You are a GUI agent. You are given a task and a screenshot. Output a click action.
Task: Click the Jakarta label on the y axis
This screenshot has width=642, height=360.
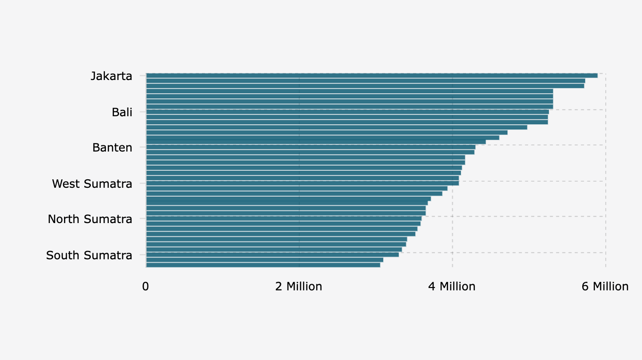112,76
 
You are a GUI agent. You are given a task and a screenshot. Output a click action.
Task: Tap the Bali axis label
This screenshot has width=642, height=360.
122,112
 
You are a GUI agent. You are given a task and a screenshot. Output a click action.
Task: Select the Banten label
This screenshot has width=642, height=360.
112,148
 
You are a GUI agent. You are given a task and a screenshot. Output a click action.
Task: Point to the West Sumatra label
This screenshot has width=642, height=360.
92,184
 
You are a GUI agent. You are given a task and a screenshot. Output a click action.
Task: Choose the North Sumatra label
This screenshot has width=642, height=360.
90,219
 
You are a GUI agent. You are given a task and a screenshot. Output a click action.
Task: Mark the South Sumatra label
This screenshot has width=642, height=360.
89,256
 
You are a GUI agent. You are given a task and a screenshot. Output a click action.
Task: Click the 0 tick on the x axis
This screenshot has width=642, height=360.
145,286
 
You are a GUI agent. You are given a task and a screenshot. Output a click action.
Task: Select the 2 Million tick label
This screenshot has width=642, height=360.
299,286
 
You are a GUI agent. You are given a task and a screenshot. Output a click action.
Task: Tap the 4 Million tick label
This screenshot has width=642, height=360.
452,286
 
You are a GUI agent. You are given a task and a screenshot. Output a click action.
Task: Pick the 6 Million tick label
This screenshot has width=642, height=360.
605,286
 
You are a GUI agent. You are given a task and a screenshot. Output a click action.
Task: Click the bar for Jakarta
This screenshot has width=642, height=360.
372,75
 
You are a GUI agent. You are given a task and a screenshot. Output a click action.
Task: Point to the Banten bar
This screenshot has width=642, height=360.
311,147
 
